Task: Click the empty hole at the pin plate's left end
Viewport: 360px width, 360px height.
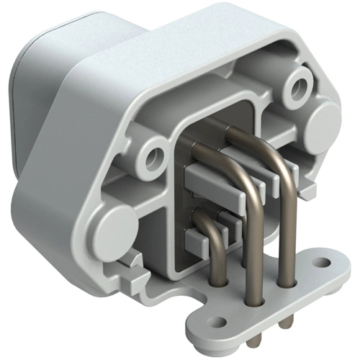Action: coord(214,315)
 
